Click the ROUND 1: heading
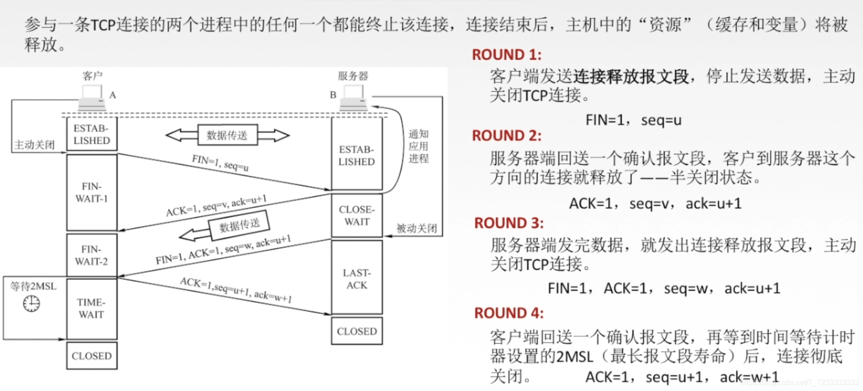tap(506, 55)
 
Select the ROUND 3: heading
tap(509, 223)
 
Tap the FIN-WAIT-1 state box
tap(91, 192)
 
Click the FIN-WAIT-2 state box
tap(91, 255)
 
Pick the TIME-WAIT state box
tap(91, 308)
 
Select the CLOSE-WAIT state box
tap(357, 216)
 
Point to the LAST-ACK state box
tap(357, 279)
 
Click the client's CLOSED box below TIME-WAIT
tap(91, 356)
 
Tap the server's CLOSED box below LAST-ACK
tap(357, 331)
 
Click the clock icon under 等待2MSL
tap(32, 304)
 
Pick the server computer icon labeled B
tap(354, 97)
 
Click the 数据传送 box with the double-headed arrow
tap(227, 135)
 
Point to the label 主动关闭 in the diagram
tap(34, 145)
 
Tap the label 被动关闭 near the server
tap(416, 228)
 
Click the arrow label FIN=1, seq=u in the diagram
tap(220, 163)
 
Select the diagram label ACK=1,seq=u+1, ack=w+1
tap(236, 290)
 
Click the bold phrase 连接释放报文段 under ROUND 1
tap(631, 77)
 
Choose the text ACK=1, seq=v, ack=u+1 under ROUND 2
tap(655, 204)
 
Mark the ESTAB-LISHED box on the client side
tap(91, 135)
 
